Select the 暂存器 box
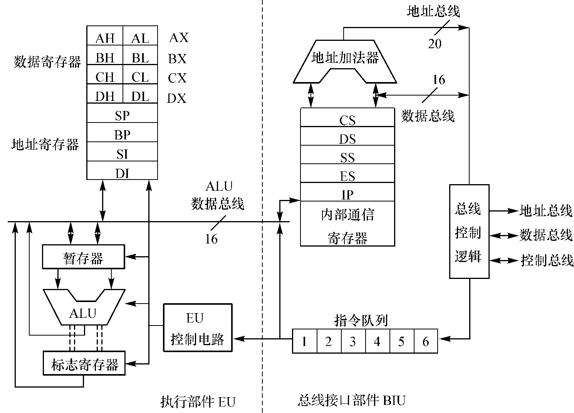[x=83, y=257]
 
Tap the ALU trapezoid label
[x=83, y=313]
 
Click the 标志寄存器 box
[x=84, y=363]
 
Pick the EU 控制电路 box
[x=198, y=328]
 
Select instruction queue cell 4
[x=377, y=341]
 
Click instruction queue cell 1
[x=304, y=341]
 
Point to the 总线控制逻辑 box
[x=469, y=232]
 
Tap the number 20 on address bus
[x=435, y=44]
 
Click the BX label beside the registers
[x=177, y=59]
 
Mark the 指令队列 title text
[x=361, y=321]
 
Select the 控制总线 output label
[x=547, y=261]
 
